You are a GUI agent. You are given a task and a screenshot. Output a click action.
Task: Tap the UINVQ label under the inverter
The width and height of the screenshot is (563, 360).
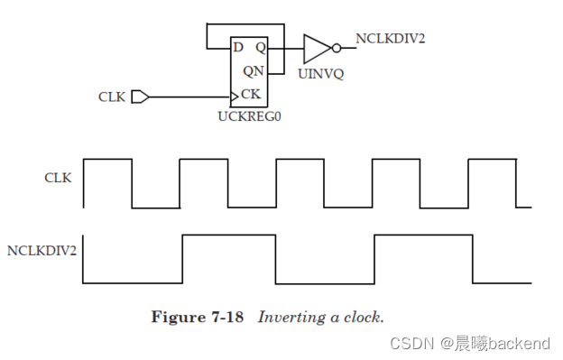pos(320,74)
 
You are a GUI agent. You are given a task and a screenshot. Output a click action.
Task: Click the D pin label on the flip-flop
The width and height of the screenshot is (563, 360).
pos(238,47)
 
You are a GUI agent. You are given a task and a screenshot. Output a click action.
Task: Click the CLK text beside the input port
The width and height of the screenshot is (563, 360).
pos(112,96)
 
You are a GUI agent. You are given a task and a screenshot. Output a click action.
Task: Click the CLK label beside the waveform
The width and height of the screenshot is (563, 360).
pos(58,178)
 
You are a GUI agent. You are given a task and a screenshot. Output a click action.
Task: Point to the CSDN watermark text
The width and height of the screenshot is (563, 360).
pos(411,343)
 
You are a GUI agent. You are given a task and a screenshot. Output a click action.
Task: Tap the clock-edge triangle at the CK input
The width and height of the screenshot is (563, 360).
pos(235,95)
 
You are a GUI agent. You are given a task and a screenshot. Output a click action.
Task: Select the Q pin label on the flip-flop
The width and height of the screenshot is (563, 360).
pos(260,47)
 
